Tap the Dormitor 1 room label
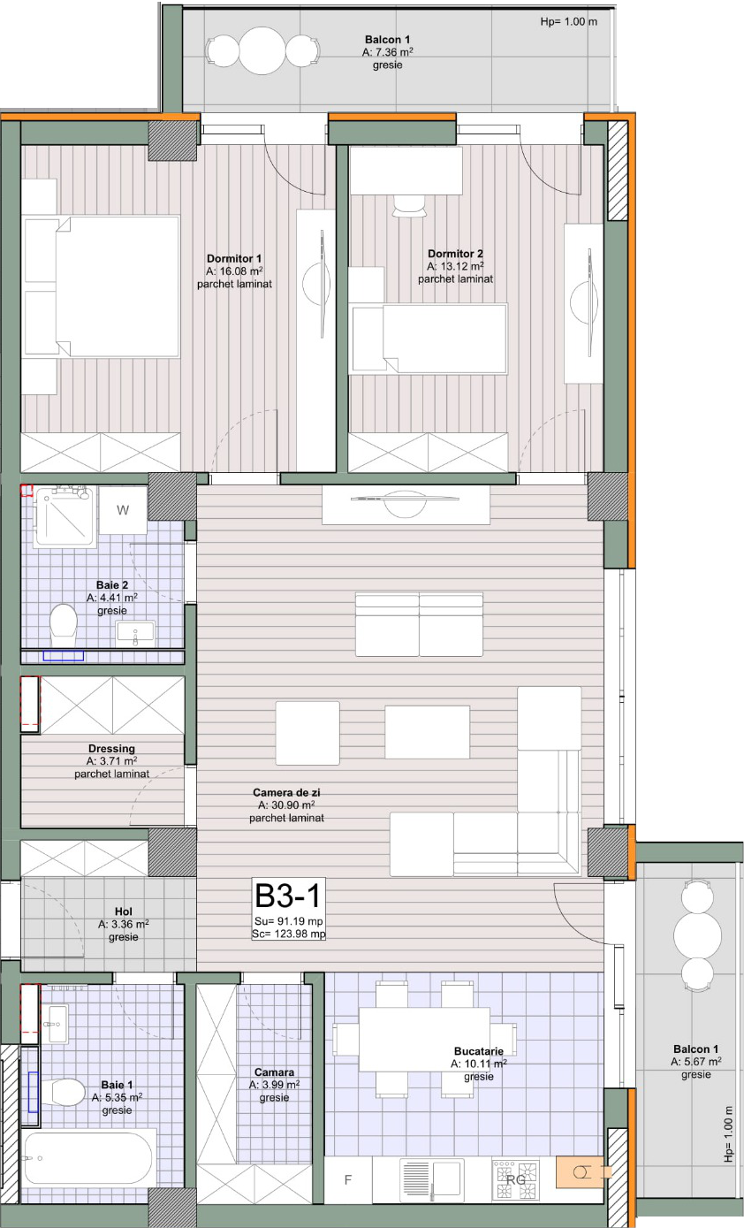coord(234,258)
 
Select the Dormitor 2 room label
coord(455,254)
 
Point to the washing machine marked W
coord(123,510)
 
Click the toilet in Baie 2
coord(63,624)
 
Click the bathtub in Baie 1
coord(88,1158)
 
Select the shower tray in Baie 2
coord(65,515)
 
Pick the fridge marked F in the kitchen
coord(348,1179)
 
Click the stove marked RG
coord(515,1179)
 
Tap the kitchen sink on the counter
coord(432,1179)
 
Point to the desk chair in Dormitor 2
coord(409,206)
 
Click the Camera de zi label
coord(286,792)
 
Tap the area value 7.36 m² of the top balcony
coord(387,52)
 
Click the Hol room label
coord(124,911)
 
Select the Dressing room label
coord(111,748)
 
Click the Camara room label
coord(274,1072)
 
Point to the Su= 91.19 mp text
coord(289,921)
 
